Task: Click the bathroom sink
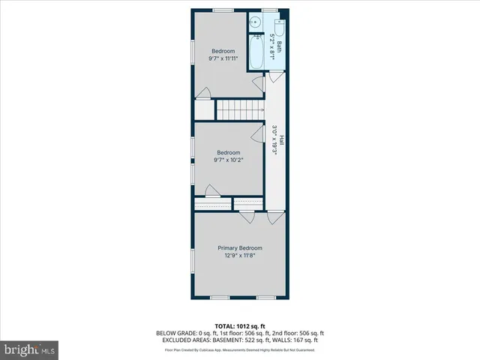click(x=256, y=23)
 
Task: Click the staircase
click(x=239, y=111)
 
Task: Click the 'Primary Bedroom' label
click(x=240, y=248)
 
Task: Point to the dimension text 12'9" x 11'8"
click(x=240, y=256)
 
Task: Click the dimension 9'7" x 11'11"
click(x=229, y=58)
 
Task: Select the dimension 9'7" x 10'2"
click(x=229, y=160)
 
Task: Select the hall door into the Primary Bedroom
click(x=275, y=217)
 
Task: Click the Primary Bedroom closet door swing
click(x=246, y=217)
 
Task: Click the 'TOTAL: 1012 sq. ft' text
click(x=240, y=326)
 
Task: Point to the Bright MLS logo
click(x=30, y=349)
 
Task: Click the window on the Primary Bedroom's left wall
click(x=193, y=261)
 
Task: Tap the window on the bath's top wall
click(x=268, y=10)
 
